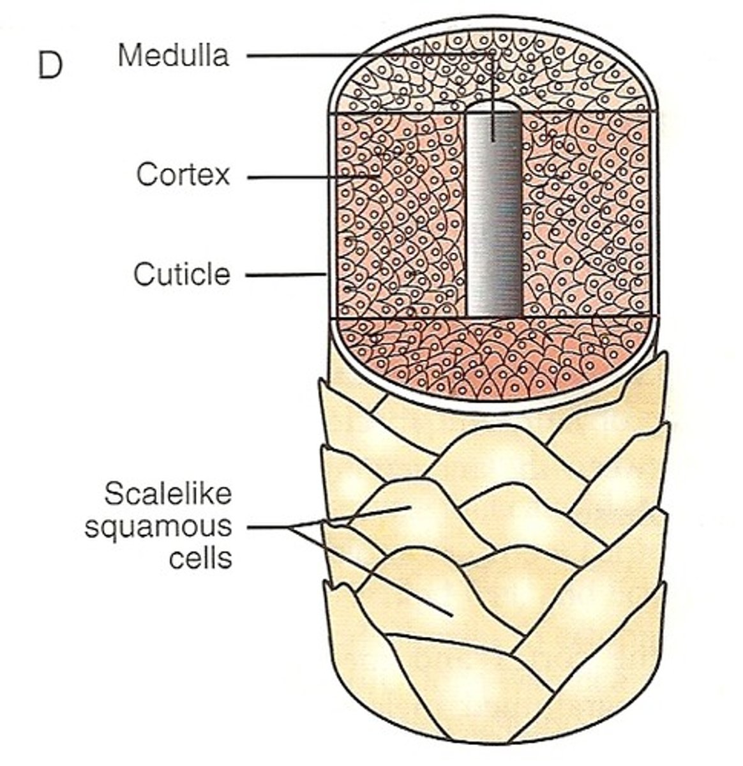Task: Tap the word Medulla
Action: tap(173, 56)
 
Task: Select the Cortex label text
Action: tap(183, 174)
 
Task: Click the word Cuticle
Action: tap(181, 275)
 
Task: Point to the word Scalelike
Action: tap(167, 494)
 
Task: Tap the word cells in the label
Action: tap(200, 559)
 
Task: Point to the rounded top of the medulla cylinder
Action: tap(493, 107)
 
